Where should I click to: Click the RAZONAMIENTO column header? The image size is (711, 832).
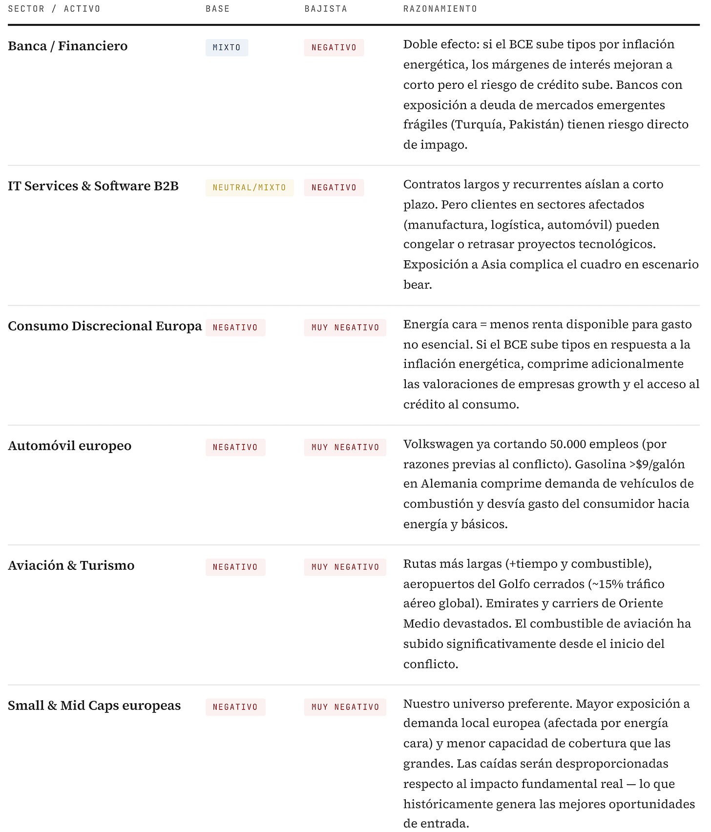(x=440, y=9)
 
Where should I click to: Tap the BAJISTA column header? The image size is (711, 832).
(x=326, y=9)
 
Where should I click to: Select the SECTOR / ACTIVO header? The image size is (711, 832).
(x=54, y=9)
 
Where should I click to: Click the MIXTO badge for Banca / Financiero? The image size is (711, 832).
(x=227, y=47)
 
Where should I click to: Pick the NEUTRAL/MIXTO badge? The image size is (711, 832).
(x=249, y=187)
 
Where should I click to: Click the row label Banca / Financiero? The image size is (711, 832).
(x=68, y=46)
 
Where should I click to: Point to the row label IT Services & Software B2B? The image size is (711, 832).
(x=93, y=186)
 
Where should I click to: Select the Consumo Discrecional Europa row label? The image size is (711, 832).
(x=105, y=326)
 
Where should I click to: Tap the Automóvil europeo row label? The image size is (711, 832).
(x=70, y=446)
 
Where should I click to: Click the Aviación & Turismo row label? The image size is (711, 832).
(x=71, y=565)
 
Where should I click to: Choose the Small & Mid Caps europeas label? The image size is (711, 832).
(x=94, y=706)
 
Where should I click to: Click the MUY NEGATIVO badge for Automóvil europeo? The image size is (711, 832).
(x=345, y=447)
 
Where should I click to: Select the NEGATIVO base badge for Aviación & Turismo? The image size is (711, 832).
(x=235, y=567)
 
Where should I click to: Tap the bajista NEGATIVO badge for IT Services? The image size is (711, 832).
(x=334, y=187)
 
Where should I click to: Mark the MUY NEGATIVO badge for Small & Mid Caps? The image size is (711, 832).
(x=345, y=707)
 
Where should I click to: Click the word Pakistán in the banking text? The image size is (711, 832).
(x=536, y=125)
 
